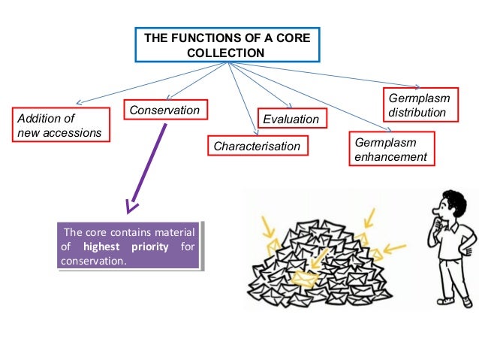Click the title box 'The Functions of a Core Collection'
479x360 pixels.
pyautogui.click(x=226, y=45)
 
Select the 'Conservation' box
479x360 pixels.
pyautogui.click(x=164, y=111)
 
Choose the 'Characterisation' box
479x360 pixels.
pyautogui.click(x=257, y=147)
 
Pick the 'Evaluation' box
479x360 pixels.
pyautogui.click(x=290, y=119)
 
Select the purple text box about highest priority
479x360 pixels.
pyautogui.click(x=129, y=247)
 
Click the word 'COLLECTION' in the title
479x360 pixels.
pyautogui.click(x=225, y=53)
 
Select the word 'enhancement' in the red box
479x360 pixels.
pyautogui.click(x=390, y=157)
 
